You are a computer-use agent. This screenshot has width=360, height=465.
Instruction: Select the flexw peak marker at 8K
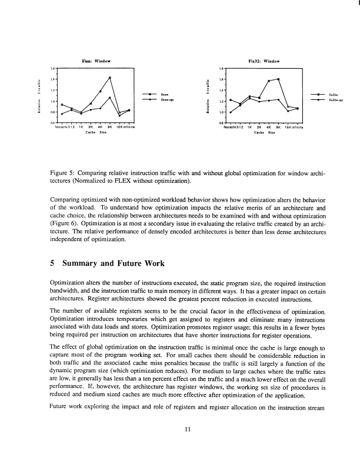point(110,78)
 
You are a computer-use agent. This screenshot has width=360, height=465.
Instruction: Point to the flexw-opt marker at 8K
point(110,97)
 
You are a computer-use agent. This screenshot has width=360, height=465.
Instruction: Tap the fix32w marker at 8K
point(278,79)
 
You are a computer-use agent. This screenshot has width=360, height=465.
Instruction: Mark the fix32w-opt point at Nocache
point(231,112)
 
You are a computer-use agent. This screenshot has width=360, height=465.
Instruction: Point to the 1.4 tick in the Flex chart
point(53,79)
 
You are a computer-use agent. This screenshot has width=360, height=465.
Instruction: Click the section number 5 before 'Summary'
point(53,263)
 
